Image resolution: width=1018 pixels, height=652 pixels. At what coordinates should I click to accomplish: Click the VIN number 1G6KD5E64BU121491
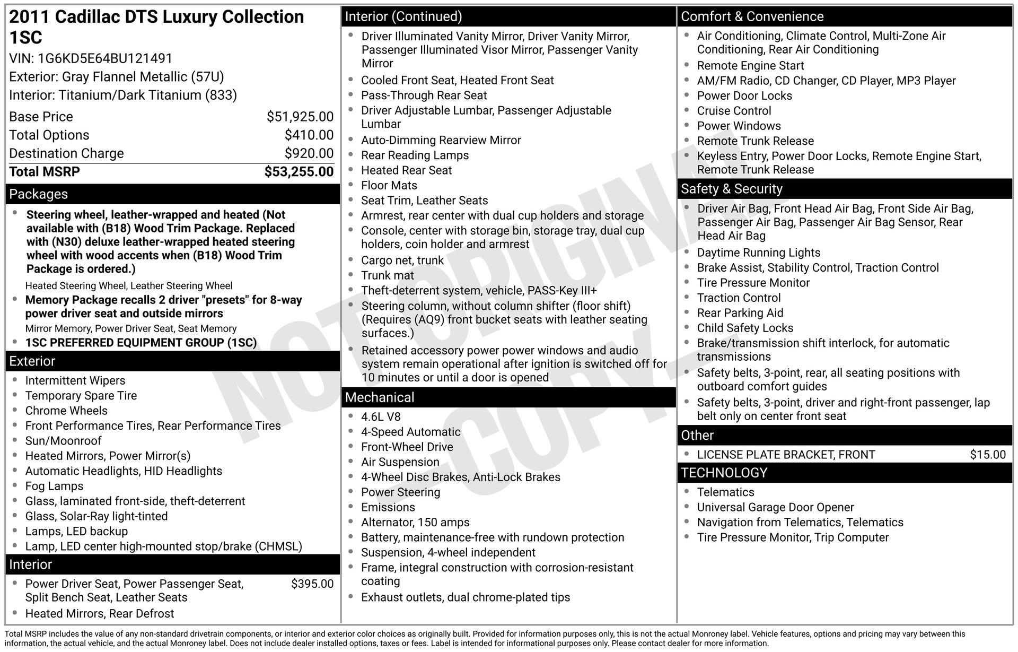(x=105, y=58)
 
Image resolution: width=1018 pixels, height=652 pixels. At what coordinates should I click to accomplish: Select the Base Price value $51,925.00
(x=300, y=117)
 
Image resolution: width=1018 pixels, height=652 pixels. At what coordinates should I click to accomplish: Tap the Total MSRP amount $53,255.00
(x=299, y=172)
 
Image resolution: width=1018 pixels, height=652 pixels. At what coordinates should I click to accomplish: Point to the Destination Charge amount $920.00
(x=309, y=153)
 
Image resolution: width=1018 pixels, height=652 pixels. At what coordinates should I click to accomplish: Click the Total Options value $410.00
(x=309, y=135)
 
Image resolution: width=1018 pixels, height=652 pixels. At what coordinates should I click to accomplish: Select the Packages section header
(x=39, y=194)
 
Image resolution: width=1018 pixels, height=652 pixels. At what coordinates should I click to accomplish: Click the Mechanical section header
(x=380, y=397)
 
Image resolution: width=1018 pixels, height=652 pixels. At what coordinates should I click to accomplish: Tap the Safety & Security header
(x=731, y=189)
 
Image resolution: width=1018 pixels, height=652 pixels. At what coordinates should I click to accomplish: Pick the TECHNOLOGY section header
(x=724, y=473)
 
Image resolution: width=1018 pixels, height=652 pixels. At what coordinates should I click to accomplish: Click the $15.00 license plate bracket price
(x=987, y=455)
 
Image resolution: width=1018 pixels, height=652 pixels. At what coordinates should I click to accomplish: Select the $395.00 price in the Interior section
(x=312, y=584)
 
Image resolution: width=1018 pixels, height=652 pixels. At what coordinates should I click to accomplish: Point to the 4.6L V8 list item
(x=381, y=417)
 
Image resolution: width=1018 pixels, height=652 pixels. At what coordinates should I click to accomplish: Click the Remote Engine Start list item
(x=750, y=66)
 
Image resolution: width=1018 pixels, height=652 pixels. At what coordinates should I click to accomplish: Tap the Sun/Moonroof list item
(x=63, y=441)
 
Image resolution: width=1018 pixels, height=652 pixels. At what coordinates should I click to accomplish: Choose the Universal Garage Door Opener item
(x=775, y=508)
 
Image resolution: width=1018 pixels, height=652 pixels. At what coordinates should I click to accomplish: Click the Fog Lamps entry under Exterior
(x=54, y=486)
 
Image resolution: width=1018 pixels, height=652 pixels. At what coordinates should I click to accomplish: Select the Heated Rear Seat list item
(x=406, y=170)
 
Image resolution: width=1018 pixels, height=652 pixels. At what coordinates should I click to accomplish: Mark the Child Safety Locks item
(x=745, y=328)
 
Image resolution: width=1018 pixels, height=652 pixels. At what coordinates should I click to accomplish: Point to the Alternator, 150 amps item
(x=415, y=523)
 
